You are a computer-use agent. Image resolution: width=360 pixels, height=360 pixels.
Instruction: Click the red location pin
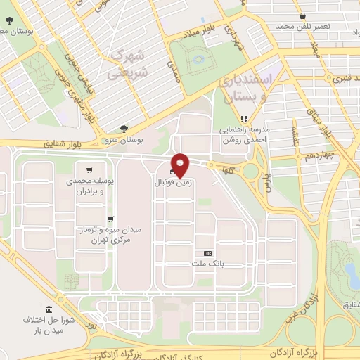point(181,165)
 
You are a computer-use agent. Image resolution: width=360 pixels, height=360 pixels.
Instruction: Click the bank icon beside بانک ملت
point(207,253)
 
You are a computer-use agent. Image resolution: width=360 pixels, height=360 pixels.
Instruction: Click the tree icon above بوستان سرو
point(124,129)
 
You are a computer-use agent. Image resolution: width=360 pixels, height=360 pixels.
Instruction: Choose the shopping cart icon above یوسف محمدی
point(89,169)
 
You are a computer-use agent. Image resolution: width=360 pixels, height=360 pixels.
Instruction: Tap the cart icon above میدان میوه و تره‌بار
point(110,219)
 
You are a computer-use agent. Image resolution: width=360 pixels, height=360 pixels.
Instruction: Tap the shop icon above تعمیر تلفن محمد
point(302,15)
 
